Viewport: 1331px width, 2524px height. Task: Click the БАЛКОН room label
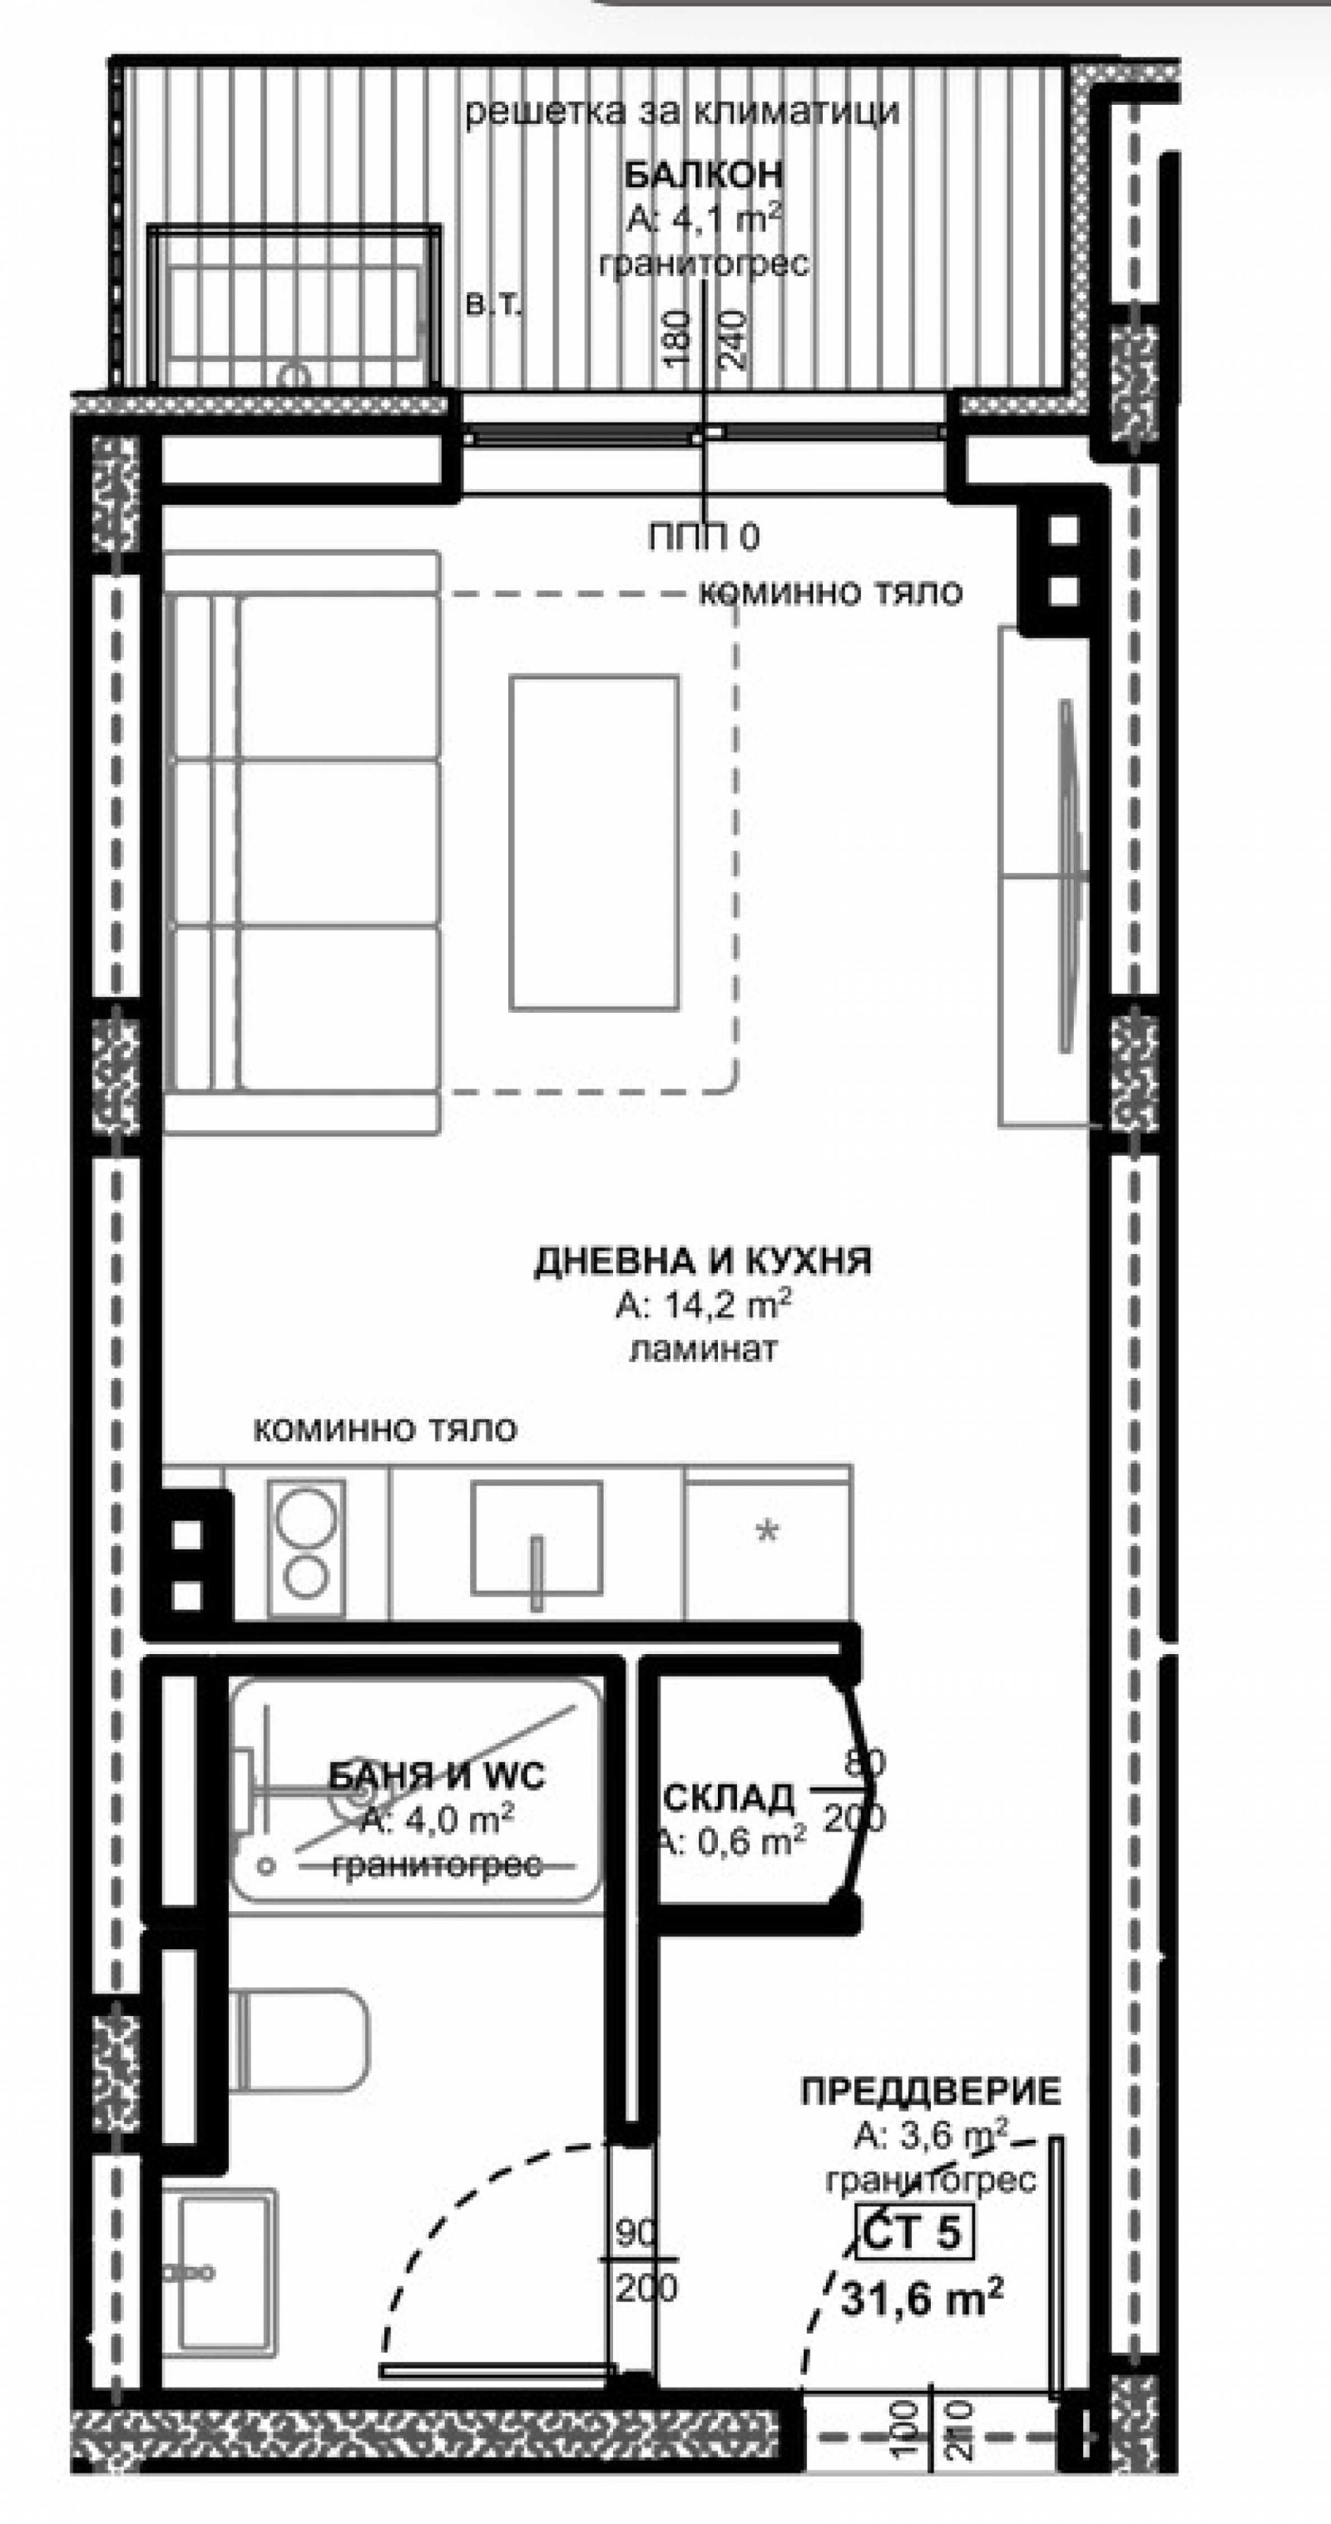point(704,175)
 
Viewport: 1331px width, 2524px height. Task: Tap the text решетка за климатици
point(681,111)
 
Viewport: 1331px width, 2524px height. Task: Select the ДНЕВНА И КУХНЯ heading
point(702,1261)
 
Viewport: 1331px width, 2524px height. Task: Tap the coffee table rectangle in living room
point(594,842)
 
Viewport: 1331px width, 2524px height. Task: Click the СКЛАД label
point(730,1797)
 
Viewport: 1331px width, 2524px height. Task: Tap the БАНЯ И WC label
point(436,1775)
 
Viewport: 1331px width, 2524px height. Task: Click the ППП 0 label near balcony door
point(703,537)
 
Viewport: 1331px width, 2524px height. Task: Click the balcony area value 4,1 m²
point(703,220)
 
